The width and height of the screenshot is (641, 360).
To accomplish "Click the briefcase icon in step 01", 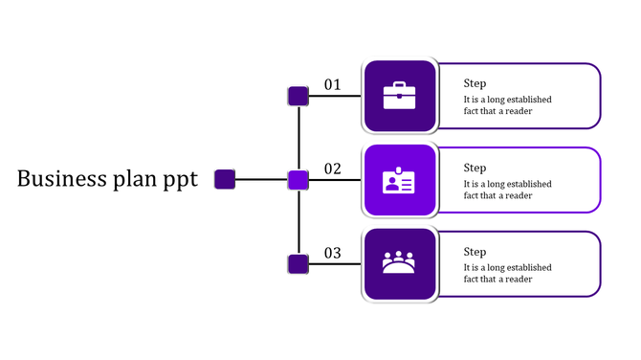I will click(x=399, y=96).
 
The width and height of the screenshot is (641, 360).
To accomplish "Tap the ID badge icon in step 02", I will click(x=399, y=180).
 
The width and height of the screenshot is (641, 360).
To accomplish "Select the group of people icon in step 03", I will click(x=399, y=262).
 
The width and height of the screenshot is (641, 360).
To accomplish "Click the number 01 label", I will click(x=332, y=85).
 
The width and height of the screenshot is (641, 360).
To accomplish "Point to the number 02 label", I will click(x=332, y=169).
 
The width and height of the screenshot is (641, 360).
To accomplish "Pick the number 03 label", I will click(x=332, y=254).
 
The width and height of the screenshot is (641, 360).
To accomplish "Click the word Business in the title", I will click(x=59, y=179).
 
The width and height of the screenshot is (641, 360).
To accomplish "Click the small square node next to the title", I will click(x=225, y=179).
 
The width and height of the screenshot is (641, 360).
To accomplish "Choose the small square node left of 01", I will click(x=298, y=96).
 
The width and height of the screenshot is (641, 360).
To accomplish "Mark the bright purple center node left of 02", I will click(x=298, y=179).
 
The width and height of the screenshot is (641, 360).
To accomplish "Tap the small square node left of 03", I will click(x=298, y=263).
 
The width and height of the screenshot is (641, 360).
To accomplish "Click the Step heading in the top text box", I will click(x=475, y=84).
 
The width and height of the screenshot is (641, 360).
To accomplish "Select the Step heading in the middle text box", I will click(x=475, y=169).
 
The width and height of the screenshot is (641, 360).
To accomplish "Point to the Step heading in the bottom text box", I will click(x=475, y=252).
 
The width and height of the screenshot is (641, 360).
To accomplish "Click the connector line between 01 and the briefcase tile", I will click(x=337, y=96).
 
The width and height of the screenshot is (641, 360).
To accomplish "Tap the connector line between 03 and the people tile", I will click(x=337, y=263).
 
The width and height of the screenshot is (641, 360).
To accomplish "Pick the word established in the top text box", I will click(x=526, y=100).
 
